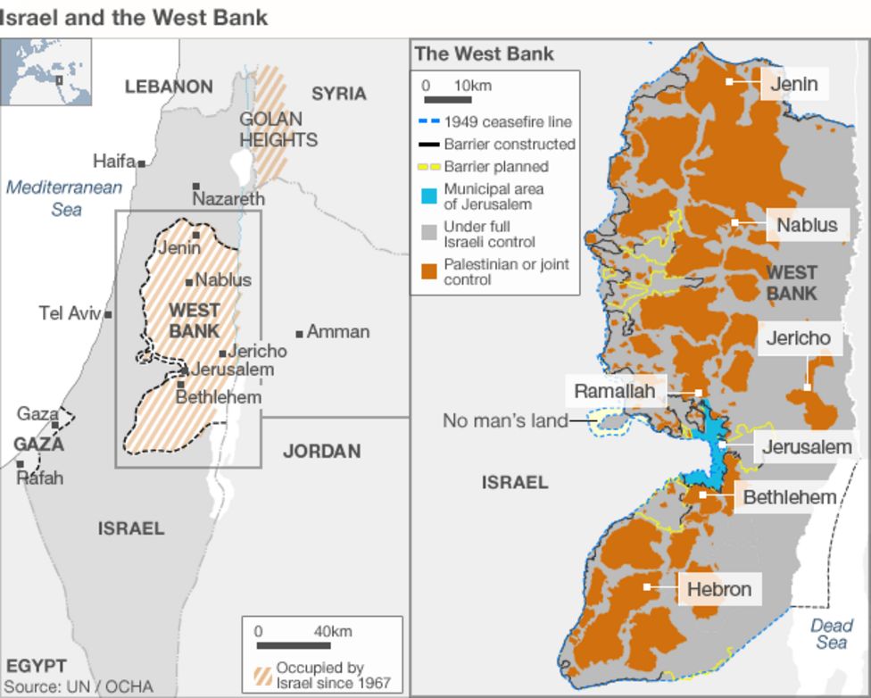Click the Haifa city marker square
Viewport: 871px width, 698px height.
142,163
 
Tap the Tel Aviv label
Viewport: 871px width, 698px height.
70,313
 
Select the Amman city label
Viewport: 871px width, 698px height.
337,332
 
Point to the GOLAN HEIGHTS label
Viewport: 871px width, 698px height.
278,129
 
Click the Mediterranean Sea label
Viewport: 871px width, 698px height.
63,198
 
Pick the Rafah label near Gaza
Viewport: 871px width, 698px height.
41,478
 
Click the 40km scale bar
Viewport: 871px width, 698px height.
295,644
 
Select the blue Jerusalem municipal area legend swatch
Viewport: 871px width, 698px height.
428,196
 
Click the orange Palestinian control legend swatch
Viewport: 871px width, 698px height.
428,271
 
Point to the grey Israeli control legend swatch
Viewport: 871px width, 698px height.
428,234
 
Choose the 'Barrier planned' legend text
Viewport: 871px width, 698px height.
496,166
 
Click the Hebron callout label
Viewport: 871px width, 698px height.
719,589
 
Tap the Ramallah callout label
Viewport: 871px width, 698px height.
620,391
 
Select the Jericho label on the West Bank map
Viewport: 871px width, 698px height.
798,338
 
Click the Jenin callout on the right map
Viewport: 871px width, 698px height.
793,84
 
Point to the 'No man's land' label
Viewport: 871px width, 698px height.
505,420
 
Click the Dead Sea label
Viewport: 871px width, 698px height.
831,634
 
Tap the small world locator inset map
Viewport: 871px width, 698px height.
46,72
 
